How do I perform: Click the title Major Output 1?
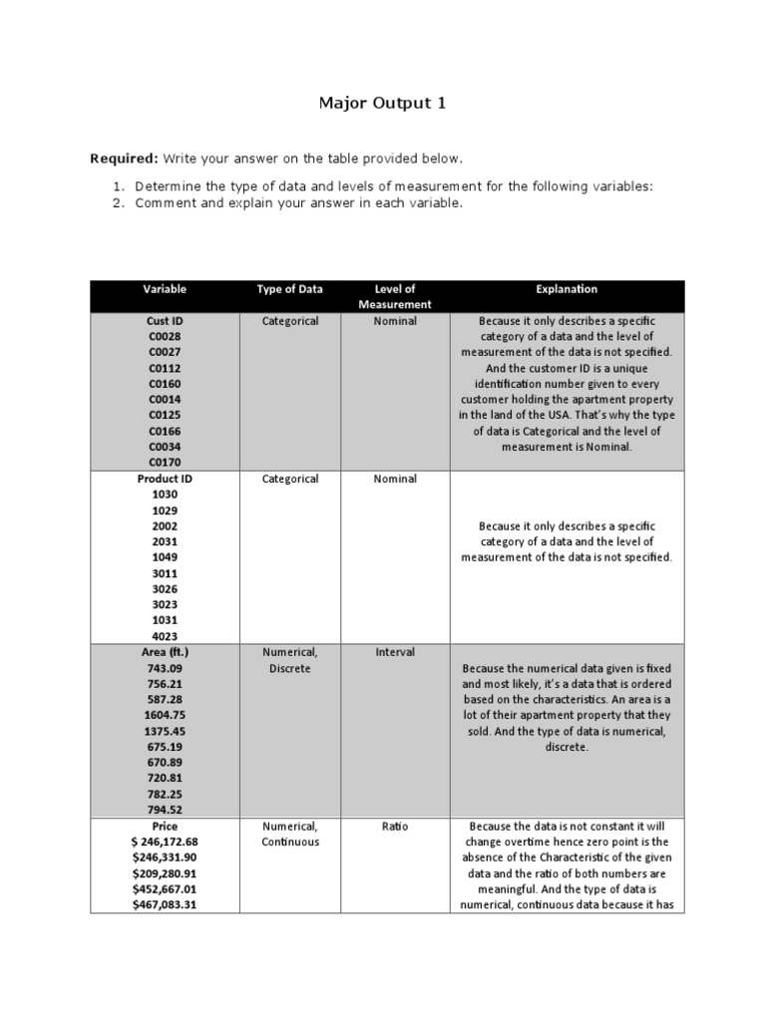point(382,102)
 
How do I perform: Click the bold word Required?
point(122,159)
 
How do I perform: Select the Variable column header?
point(165,289)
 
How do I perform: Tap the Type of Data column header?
point(290,289)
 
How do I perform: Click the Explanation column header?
point(566,289)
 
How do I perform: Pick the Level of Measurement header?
point(395,296)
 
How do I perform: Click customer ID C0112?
point(165,368)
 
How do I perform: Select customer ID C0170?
point(165,463)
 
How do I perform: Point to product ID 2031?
point(165,541)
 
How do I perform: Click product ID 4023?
point(165,636)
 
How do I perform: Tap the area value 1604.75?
point(165,715)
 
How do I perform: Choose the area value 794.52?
point(165,810)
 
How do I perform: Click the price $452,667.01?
point(165,889)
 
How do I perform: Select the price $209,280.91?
point(165,873)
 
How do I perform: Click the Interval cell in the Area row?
point(395,652)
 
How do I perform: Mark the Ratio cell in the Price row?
point(395,827)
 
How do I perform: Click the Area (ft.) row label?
point(165,652)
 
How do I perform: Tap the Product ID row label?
point(165,479)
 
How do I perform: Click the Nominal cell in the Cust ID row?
point(395,321)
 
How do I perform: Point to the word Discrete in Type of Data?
point(290,668)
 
